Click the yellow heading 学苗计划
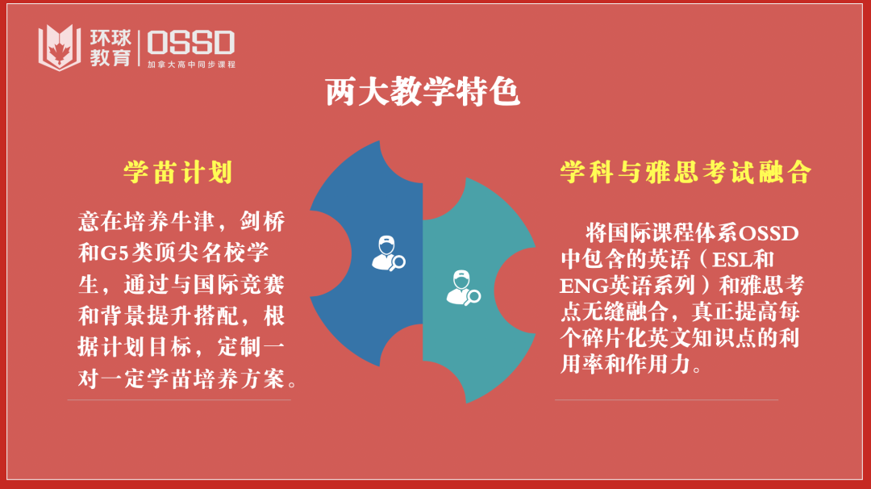point(178,172)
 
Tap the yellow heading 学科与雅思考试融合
point(686,172)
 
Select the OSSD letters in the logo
point(190,42)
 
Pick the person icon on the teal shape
point(463,288)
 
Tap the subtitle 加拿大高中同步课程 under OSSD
point(191,64)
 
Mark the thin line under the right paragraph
point(666,399)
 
